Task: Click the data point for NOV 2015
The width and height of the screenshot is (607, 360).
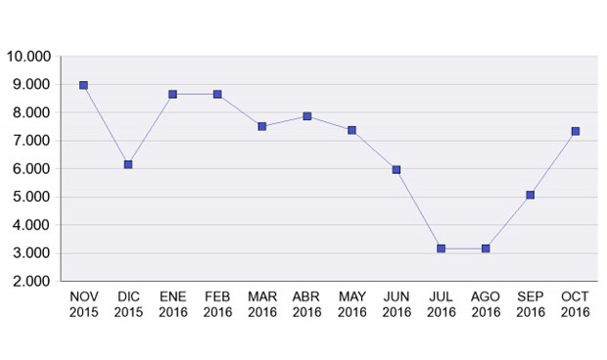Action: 83,85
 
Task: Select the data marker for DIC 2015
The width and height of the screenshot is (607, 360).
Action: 128,164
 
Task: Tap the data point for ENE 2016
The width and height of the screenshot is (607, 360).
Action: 172,94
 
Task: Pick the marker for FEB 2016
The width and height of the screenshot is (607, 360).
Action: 217,94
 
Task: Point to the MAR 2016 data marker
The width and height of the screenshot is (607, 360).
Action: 262,126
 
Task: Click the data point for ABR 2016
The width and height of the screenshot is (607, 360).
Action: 306,115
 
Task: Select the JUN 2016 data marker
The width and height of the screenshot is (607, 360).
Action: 397,169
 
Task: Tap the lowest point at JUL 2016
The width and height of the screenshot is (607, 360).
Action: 441,248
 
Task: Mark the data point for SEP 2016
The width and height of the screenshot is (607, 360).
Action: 531,195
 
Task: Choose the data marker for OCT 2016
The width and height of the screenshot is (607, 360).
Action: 576,131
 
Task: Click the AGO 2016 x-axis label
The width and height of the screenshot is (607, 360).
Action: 486,304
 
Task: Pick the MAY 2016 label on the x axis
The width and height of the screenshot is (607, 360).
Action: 351,304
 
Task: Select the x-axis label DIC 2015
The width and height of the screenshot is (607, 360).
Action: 128,304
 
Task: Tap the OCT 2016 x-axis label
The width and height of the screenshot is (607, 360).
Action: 576,304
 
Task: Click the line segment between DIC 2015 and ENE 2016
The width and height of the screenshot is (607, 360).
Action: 151,129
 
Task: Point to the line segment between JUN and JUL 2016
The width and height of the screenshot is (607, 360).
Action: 419,209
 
